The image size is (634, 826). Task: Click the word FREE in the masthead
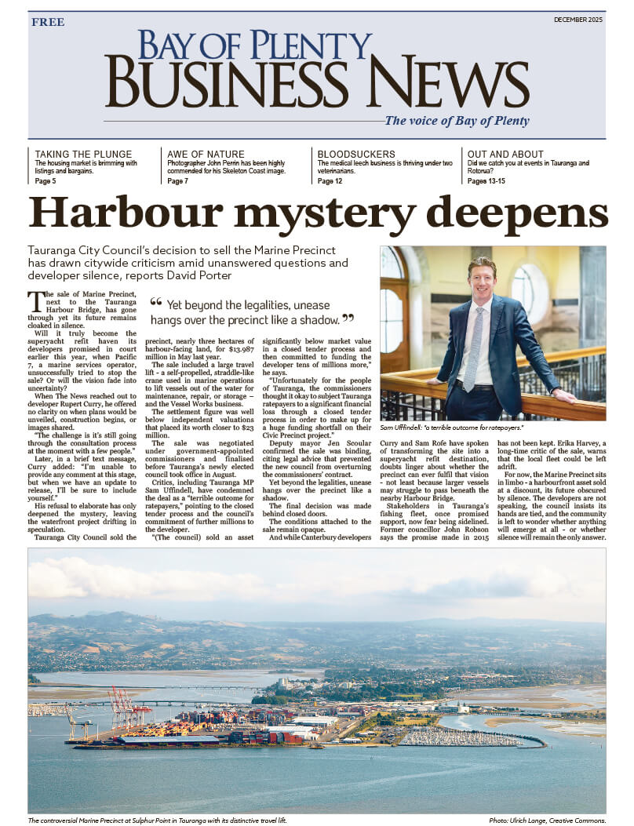point(48,22)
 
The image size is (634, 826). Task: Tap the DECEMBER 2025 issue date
point(579,19)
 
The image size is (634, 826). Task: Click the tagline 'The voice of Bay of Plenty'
point(457,121)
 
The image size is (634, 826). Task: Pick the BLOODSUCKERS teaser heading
point(356,154)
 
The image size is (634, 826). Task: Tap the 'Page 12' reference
point(330,181)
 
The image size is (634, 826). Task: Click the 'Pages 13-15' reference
point(486,181)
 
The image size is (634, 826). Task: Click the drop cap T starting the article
point(35,300)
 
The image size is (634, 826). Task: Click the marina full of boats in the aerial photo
point(463,737)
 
